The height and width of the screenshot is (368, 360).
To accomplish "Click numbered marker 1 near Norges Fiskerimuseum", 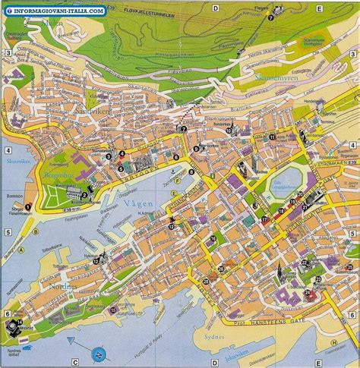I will tap(27, 206).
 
